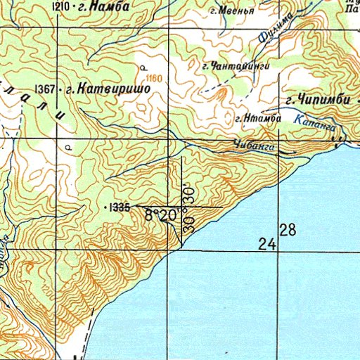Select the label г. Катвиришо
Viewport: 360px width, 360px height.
pos(106,90)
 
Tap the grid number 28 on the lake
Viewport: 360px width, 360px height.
pos(288,229)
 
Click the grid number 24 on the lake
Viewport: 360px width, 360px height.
pos(266,245)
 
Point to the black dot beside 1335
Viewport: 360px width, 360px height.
pos(106,208)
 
